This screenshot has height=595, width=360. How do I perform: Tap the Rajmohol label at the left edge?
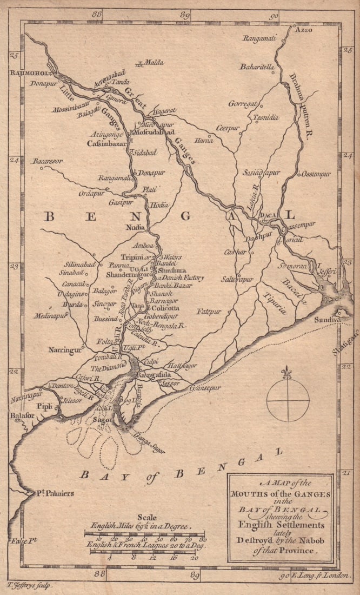tap(28, 72)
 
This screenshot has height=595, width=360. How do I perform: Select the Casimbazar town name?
tap(106, 144)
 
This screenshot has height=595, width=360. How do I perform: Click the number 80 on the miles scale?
tap(203, 539)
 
